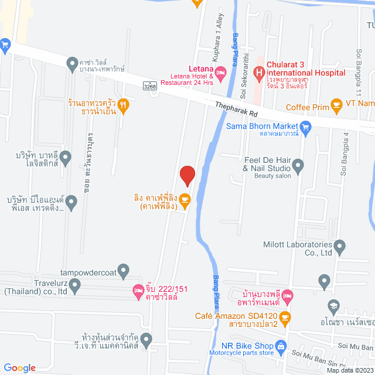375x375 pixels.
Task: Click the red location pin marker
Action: pos(187,175)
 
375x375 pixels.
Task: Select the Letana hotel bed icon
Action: pos(220,73)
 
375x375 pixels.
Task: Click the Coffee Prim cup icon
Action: pos(336,105)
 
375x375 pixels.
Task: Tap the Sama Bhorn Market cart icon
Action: pos(305,126)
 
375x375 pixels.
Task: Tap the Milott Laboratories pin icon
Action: pos(340,246)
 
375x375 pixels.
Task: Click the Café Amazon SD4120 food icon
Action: pos(285,319)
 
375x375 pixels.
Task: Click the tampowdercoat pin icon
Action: pos(122,270)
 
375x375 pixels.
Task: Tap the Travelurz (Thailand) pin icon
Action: pos(74,285)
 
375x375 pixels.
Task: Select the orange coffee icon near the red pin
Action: pos(185,200)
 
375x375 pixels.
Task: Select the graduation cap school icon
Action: pos(333,305)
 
